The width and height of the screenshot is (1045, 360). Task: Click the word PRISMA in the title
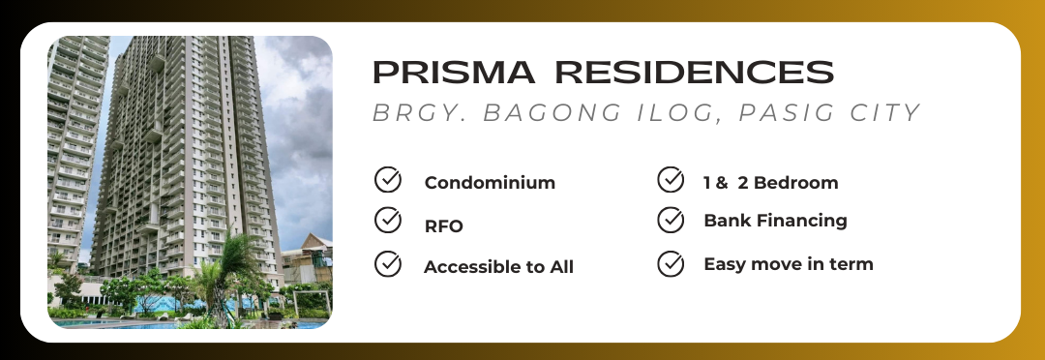coord(454,72)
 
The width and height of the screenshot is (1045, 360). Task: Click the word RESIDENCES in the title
coord(695,72)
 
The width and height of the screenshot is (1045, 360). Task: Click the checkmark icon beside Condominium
coord(388,180)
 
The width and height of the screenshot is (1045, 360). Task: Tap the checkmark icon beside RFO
coord(388,221)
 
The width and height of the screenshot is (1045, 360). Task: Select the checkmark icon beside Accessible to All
coord(388,264)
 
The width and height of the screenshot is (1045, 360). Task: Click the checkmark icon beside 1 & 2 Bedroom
coord(671,179)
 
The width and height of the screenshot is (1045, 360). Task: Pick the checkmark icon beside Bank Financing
coord(671,221)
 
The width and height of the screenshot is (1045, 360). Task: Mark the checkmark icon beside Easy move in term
coord(671,264)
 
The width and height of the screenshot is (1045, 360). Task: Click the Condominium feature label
coord(490,183)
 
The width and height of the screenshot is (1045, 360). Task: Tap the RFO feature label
coord(444,226)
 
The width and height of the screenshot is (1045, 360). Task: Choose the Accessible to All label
coord(498,267)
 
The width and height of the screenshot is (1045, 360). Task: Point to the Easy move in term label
coord(789,264)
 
